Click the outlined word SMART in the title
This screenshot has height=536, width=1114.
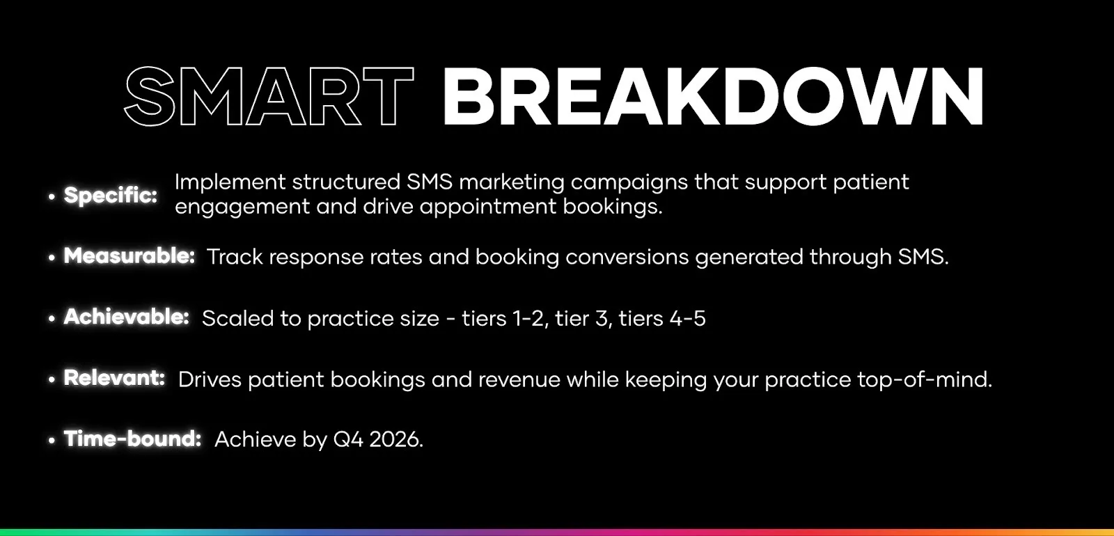(x=269, y=97)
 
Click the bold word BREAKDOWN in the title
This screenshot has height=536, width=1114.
(x=712, y=97)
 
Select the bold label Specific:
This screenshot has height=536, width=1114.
(x=111, y=195)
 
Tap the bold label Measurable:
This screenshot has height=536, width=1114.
(x=130, y=256)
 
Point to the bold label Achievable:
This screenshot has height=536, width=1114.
(x=127, y=317)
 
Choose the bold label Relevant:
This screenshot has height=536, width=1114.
(x=114, y=378)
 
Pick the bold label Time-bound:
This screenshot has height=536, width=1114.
(x=132, y=439)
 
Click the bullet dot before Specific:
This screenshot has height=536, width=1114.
(x=52, y=197)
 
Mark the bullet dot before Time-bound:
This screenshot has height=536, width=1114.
(x=52, y=441)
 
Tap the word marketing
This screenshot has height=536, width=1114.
(x=511, y=182)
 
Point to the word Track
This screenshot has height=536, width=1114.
(x=235, y=257)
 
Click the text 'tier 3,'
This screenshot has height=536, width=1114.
(x=581, y=318)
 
